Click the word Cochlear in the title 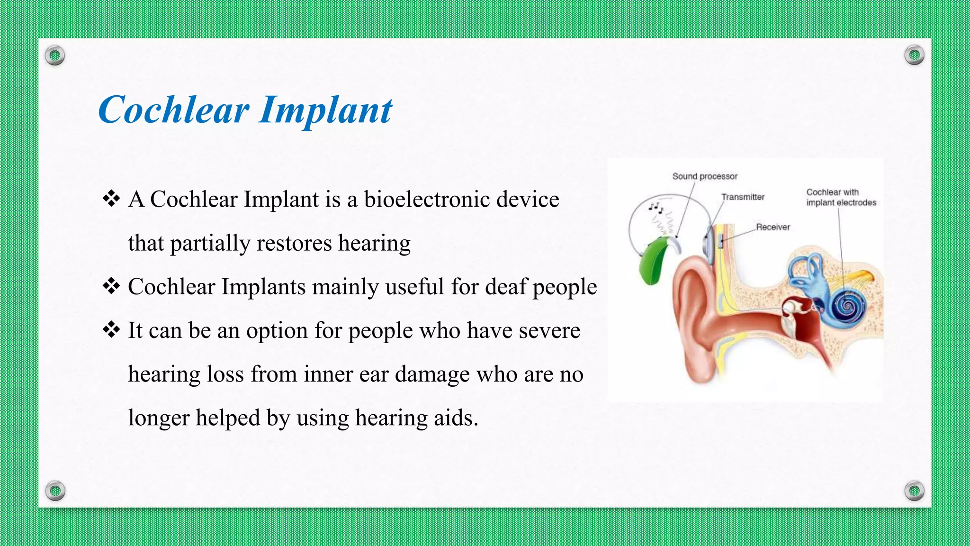point(173,110)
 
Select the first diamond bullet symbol point(111,199)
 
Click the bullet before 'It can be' point(111,330)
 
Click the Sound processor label point(705,176)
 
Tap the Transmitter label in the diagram point(743,197)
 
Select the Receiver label point(772,227)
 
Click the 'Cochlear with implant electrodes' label point(841,197)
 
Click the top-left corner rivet point(55,56)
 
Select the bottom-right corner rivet point(914,491)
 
